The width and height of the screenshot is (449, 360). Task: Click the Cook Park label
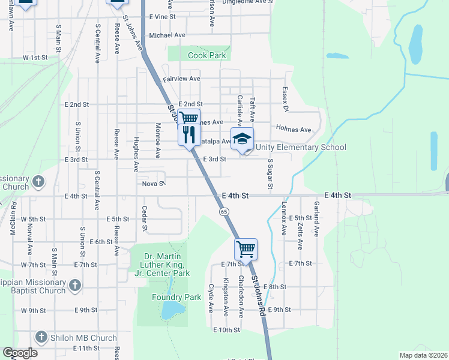pos(207,55)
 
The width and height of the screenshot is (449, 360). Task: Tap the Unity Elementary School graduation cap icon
pos(242,139)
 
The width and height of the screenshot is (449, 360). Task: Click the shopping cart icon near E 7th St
pos(246,248)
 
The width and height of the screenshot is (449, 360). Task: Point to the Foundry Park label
pos(176,297)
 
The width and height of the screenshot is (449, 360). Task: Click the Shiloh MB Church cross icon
pos(41,336)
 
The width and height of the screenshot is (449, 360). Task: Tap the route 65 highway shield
pos(223,212)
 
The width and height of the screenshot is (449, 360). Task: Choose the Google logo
pos(20,353)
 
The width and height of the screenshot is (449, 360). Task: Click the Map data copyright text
pos(423,355)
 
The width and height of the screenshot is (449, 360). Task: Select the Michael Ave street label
pos(166,35)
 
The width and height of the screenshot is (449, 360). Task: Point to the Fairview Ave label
pos(181,79)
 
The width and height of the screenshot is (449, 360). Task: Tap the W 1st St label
pos(35,58)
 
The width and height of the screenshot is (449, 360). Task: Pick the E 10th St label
pos(226,330)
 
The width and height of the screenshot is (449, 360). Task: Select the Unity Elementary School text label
pos(301,148)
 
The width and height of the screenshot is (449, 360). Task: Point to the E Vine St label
pos(162,17)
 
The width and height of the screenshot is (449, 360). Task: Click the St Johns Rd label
pos(258,296)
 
